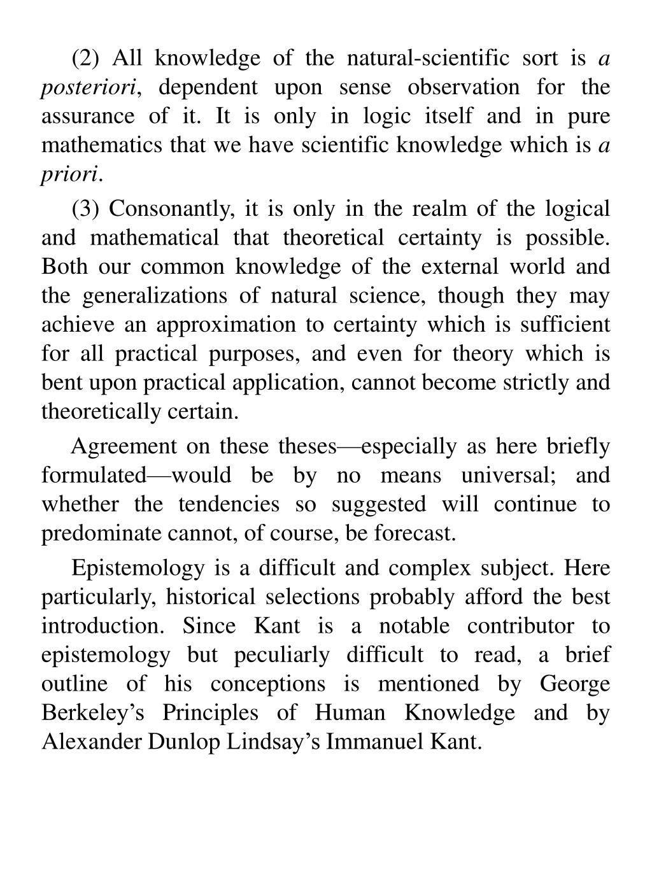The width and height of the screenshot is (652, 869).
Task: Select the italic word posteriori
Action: click(x=89, y=88)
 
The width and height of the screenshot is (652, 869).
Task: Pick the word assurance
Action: click(x=88, y=117)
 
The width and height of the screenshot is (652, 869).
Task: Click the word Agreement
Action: click(x=124, y=446)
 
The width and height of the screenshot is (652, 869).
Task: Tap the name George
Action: click(x=574, y=684)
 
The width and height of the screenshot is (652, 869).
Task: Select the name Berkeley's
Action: click(x=93, y=713)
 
